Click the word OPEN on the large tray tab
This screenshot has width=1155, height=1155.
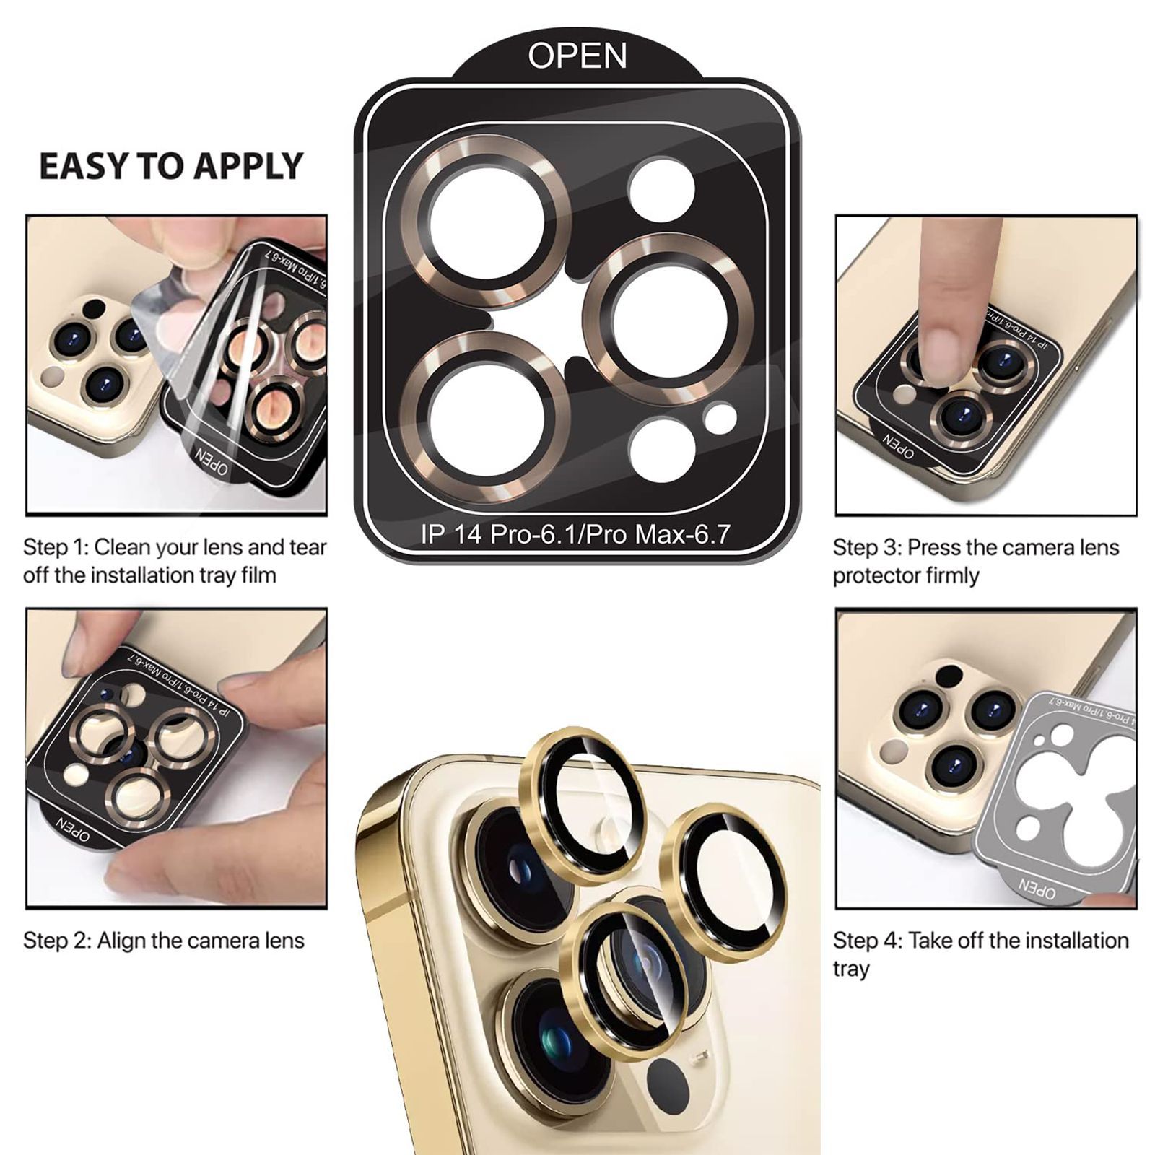[x=577, y=56]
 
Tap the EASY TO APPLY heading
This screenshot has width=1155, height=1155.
[x=171, y=166]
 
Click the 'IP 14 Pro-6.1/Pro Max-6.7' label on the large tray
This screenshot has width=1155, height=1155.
[x=575, y=534]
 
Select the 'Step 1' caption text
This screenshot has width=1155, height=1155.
[x=175, y=561]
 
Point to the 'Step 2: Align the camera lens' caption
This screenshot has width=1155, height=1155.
[x=164, y=941]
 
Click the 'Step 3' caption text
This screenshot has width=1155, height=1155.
[x=976, y=561]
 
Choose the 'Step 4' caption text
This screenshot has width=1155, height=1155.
[x=980, y=954]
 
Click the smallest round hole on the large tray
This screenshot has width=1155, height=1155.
[x=720, y=419]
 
